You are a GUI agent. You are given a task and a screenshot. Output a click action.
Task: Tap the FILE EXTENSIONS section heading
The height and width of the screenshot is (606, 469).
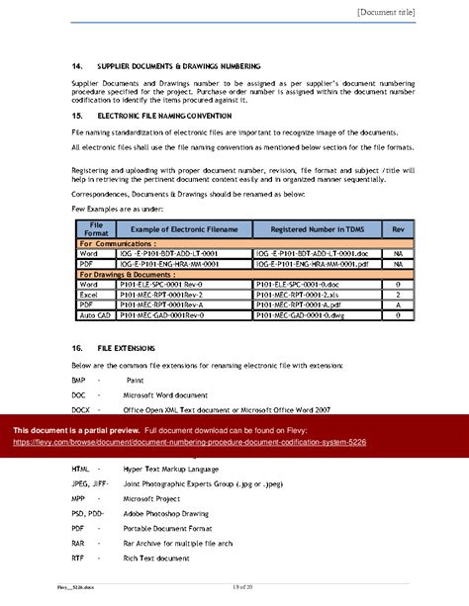click(124, 350)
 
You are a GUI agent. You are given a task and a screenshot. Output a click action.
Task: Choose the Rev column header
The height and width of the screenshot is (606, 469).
click(397, 229)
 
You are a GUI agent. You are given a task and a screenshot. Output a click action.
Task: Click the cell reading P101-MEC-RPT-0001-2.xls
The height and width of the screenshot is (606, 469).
click(298, 294)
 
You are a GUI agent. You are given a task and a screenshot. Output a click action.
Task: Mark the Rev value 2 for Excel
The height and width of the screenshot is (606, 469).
click(397, 294)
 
